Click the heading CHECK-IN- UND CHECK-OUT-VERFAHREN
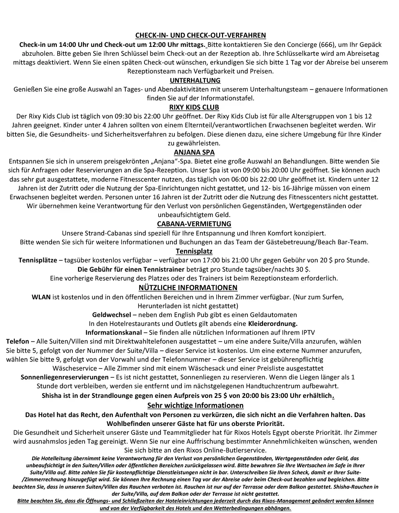tap(201, 35)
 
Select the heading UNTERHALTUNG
tap(195, 80)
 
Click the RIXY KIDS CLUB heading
tap(194, 107)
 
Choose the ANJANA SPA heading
tap(194, 152)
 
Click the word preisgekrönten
tap(127, 161)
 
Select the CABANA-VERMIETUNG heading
tap(194, 224)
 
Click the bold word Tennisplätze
tap(38, 260)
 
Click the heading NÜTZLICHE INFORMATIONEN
tap(188, 288)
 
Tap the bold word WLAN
tap(41, 297)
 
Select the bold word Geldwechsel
tap(112, 315)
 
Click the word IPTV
tap(308, 333)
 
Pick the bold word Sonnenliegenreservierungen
tap(65, 377)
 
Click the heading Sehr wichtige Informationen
tap(195, 406)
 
